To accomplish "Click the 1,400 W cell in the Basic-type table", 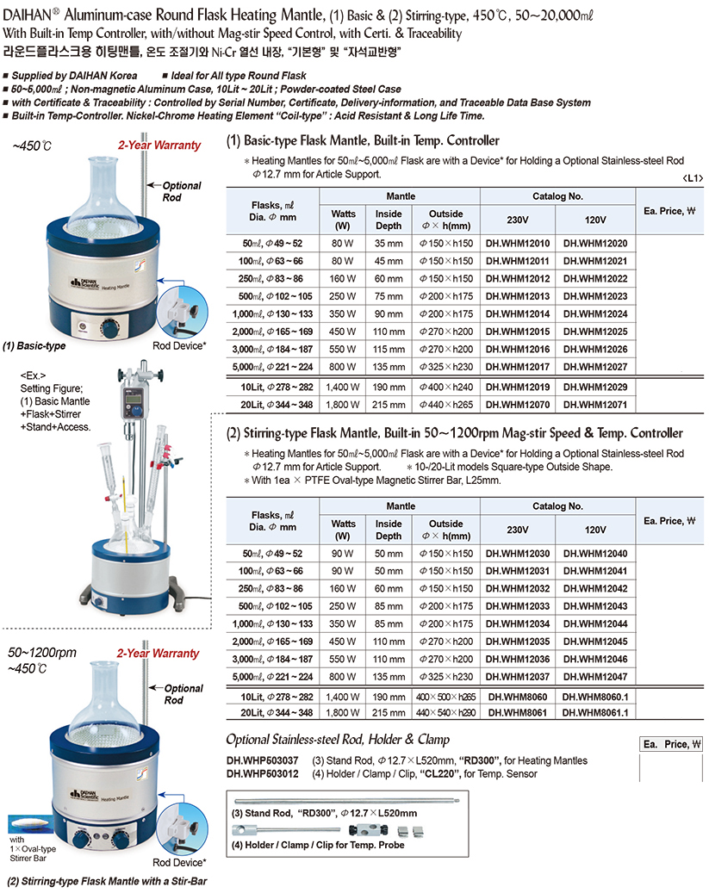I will click(x=343, y=388).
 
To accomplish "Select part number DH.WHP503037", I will click(x=263, y=760).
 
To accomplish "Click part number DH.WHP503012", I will click(x=263, y=773).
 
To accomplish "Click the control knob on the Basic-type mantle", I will click(x=110, y=329).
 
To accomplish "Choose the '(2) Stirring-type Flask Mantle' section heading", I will click(x=454, y=433).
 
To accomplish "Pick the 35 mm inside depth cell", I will click(x=389, y=244).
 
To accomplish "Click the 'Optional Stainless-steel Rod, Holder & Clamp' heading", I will click(x=338, y=740).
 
